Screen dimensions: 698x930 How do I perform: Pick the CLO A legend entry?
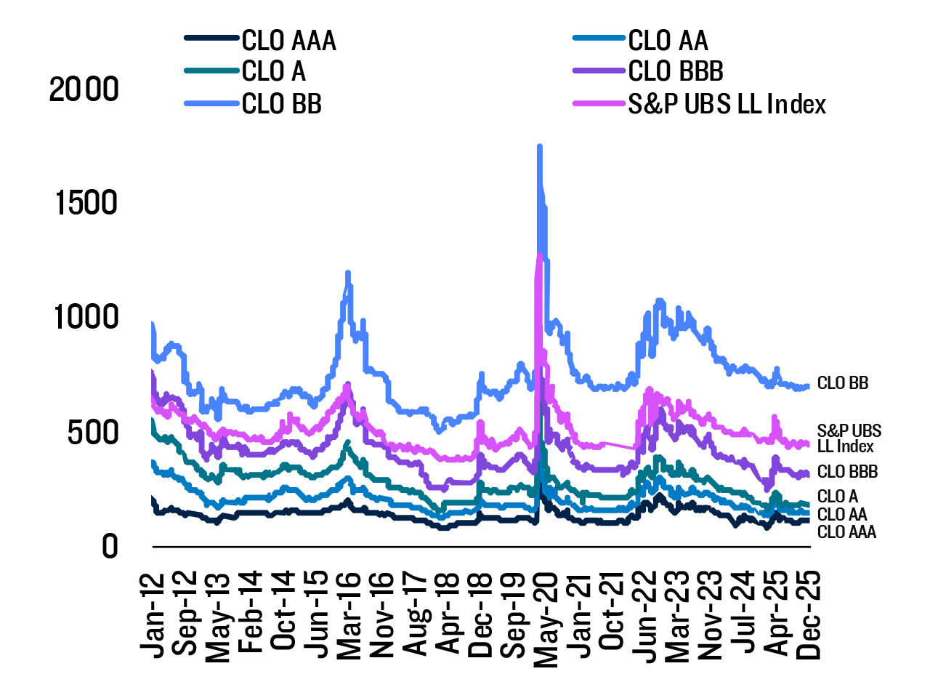click(x=273, y=72)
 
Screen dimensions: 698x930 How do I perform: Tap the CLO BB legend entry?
click(x=281, y=104)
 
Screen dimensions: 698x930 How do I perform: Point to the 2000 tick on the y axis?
click(x=84, y=89)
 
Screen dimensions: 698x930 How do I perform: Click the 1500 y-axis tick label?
click(x=86, y=204)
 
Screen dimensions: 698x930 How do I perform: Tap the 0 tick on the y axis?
click(x=109, y=546)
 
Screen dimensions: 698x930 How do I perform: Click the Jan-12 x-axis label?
click(x=153, y=614)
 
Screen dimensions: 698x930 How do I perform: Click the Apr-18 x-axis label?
click(x=448, y=614)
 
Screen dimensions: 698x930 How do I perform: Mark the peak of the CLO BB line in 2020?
click(x=539, y=147)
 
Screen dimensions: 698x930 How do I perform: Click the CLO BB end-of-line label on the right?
click(x=842, y=383)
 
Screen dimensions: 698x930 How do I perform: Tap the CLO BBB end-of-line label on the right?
click(x=847, y=472)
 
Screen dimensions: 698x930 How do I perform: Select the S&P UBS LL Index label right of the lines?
click(x=849, y=438)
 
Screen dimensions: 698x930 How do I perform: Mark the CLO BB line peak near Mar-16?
click(x=348, y=273)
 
